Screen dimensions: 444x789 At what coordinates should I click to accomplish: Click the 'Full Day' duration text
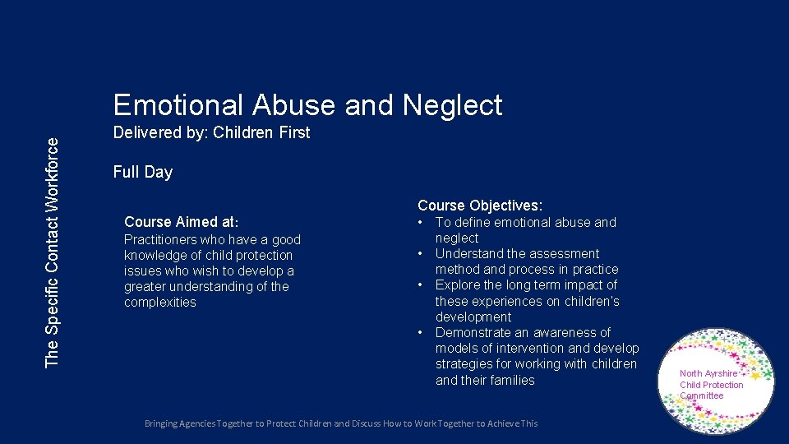[x=143, y=172]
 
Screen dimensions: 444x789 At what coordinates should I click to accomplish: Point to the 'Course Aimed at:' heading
[x=182, y=222]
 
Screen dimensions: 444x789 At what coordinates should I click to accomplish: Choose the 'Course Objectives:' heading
[x=480, y=206]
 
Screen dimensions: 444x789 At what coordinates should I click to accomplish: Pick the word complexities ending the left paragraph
[x=160, y=302]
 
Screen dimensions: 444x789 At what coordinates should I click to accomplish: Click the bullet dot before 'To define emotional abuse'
[x=421, y=222]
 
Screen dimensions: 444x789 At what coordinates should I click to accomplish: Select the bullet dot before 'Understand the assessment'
[x=421, y=253]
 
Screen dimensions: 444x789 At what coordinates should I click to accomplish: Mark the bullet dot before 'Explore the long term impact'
[x=421, y=284]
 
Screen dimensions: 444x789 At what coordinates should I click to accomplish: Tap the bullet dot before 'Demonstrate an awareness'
[x=421, y=332]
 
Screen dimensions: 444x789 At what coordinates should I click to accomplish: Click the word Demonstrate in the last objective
[x=474, y=332]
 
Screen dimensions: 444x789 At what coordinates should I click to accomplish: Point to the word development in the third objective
[x=473, y=317]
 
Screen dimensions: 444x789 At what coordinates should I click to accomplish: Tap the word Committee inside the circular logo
[x=702, y=395]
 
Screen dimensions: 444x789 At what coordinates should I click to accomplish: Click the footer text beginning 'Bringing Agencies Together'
[x=341, y=423]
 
